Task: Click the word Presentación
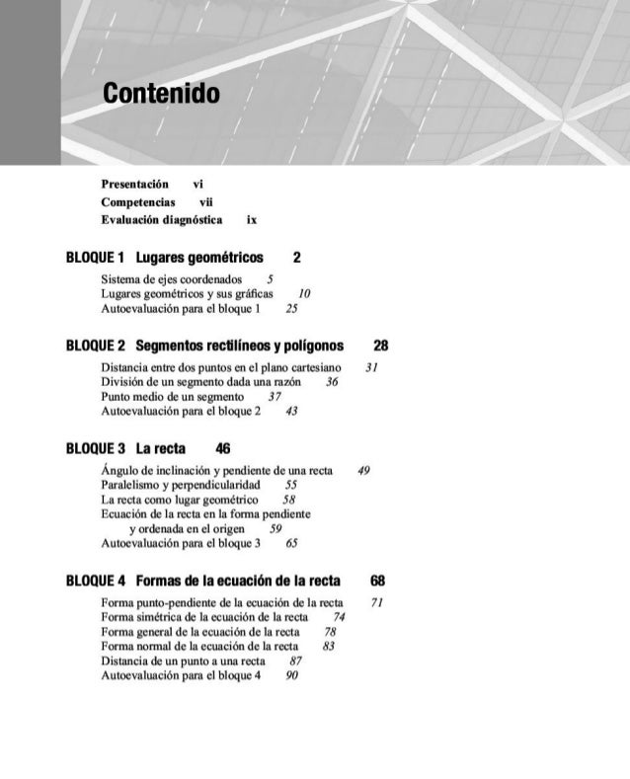[x=137, y=184]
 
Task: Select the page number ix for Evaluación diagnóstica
[x=252, y=219]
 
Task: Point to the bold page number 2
[x=296, y=257]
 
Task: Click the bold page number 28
[x=380, y=346]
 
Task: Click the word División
[x=122, y=382]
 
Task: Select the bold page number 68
[x=377, y=580]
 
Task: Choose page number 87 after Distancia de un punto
[x=296, y=661]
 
